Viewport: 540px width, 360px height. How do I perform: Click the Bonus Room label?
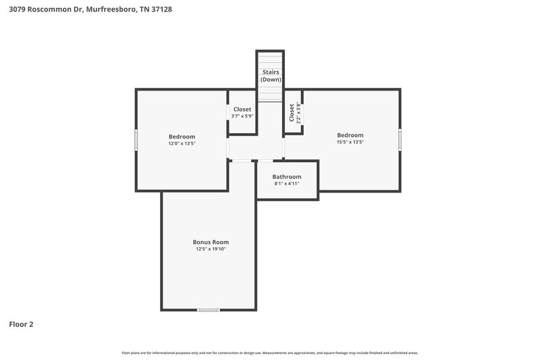click(x=211, y=242)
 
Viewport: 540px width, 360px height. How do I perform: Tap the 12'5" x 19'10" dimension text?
click(x=211, y=249)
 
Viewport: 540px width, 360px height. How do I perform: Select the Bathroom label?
click(x=287, y=176)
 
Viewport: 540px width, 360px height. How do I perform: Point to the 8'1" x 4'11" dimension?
click(x=287, y=184)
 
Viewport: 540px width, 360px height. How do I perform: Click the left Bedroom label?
click(x=182, y=136)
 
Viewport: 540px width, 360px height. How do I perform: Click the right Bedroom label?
click(x=350, y=134)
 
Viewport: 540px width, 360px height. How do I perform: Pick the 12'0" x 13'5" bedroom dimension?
click(x=182, y=143)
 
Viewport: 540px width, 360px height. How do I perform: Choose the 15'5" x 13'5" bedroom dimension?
click(x=350, y=142)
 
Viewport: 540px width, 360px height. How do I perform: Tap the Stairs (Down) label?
click(x=271, y=76)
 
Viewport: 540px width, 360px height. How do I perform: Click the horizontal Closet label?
click(x=242, y=109)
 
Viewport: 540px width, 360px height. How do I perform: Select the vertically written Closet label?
click(x=292, y=112)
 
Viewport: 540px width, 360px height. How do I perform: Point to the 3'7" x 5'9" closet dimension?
click(x=242, y=116)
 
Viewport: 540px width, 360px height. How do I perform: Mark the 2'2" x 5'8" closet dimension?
click(x=298, y=112)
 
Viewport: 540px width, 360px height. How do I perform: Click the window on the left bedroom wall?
click(x=136, y=140)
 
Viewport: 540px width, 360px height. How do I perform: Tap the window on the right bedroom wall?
click(x=400, y=139)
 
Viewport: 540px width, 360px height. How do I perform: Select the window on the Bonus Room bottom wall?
click(x=209, y=310)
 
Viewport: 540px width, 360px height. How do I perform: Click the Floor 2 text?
click(x=21, y=324)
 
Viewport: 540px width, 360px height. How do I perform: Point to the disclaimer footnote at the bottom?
click(x=270, y=353)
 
